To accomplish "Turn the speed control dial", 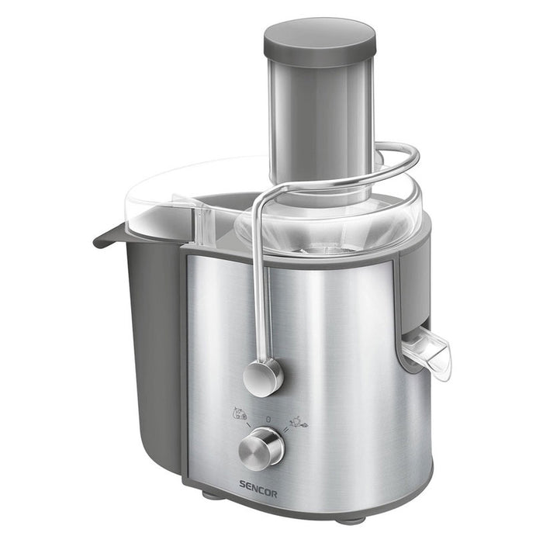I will pyautogui.click(x=261, y=448).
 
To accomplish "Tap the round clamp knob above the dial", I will pyautogui.click(x=263, y=377).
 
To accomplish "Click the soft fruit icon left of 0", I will pyautogui.click(x=240, y=413).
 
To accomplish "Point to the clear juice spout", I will pyautogui.click(x=428, y=351).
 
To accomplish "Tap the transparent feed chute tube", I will pyautogui.click(x=320, y=124).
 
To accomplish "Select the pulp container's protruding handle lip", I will pyautogui.click(x=109, y=235).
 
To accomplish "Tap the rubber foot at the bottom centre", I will pyautogui.click(x=350, y=519).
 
